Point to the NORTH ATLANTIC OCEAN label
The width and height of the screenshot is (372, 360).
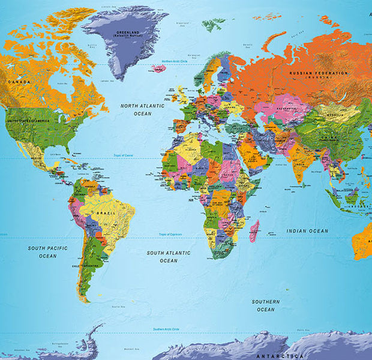[142, 109]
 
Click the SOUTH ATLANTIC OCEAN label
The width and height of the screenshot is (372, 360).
[169, 257]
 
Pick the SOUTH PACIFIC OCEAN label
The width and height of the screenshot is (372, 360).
[47, 252]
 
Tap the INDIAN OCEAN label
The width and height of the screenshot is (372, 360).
[307, 231]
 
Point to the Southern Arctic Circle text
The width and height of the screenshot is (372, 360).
[166, 329]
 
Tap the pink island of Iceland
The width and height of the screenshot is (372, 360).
[159, 68]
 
